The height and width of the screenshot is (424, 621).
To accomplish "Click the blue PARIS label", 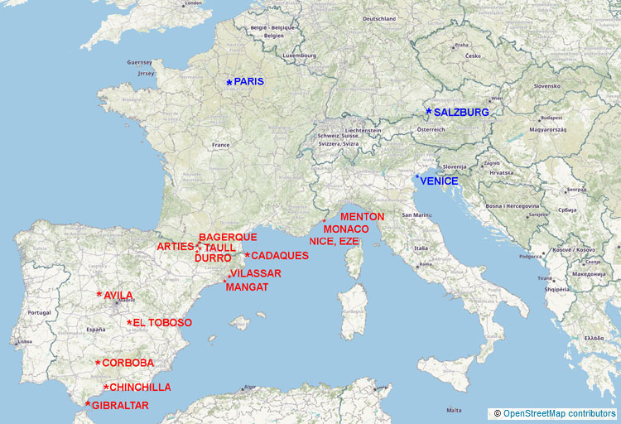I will click(248, 82).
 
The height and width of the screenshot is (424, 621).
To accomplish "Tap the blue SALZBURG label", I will click(461, 112).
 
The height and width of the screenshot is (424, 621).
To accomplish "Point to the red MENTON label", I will click(362, 217).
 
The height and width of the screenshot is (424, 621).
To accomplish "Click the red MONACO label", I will click(345, 229).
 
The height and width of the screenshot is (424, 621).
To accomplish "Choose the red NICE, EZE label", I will click(335, 241).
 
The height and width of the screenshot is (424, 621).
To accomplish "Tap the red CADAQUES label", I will click(279, 256).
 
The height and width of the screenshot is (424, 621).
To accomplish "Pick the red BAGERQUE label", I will click(228, 237).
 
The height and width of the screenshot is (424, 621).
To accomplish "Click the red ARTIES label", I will click(176, 247).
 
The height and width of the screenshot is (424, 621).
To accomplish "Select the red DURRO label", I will click(213, 258).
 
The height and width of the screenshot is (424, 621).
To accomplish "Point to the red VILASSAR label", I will click(256, 273).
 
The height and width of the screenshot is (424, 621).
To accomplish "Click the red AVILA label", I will click(118, 295).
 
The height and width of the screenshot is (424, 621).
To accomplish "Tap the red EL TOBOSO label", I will click(162, 323).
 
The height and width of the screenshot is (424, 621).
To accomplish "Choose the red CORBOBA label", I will click(128, 363).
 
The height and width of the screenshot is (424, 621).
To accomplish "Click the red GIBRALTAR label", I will click(121, 406).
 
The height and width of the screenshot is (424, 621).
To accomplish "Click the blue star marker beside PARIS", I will click(229, 82).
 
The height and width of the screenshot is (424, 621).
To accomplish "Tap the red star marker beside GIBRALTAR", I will click(88, 403).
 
